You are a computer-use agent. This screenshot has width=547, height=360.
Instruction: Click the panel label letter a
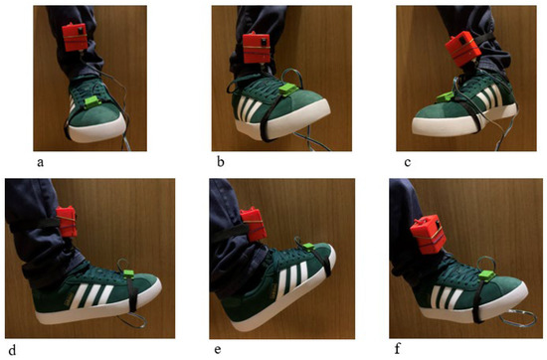(41, 162)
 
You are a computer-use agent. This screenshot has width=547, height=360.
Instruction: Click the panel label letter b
(221, 162)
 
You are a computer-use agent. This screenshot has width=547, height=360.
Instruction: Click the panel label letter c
(408, 162)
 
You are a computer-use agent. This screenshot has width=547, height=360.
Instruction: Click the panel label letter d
(12, 349)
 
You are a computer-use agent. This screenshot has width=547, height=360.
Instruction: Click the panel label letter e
(218, 349)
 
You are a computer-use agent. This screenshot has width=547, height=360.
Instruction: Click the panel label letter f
(398, 349)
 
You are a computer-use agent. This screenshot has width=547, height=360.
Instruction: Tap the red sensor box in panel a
(75, 37)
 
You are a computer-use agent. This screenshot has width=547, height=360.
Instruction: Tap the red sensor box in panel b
(257, 47)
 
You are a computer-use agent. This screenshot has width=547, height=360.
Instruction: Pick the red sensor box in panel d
(67, 221)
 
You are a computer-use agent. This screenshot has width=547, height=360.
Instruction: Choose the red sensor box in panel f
(428, 233)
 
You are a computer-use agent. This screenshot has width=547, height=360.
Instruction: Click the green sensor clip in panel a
(92, 101)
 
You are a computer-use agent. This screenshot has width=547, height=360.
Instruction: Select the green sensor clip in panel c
(444, 97)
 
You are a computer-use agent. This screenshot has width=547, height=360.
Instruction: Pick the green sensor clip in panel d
(129, 274)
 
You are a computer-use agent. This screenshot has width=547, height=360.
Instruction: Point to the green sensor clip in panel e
(308, 247)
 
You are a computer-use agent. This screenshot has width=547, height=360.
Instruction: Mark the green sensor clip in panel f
(487, 275)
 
